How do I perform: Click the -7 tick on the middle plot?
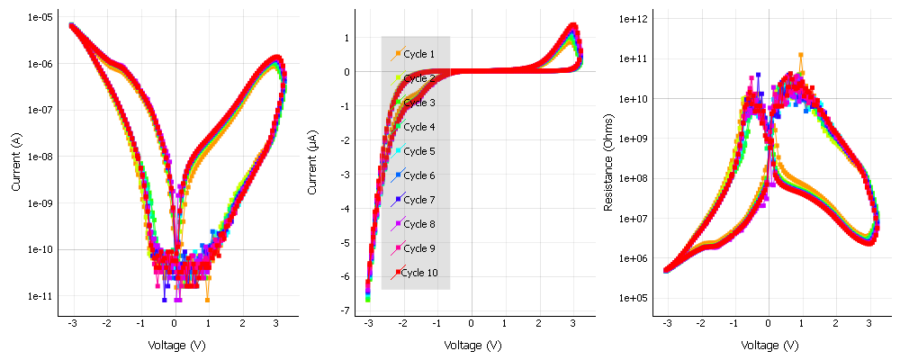pyautogui.click(x=343, y=310)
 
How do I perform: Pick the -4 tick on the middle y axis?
pyautogui.click(x=343, y=209)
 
